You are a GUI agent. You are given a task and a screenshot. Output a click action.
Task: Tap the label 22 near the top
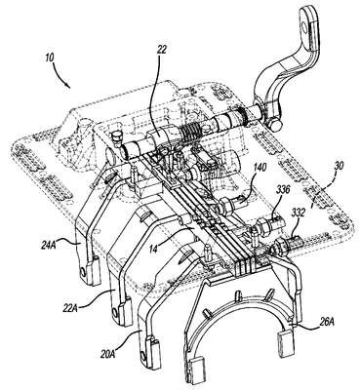(x=161, y=49)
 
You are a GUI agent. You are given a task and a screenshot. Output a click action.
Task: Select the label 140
(x=260, y=168)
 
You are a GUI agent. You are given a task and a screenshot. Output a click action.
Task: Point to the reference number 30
(x=339, y=166)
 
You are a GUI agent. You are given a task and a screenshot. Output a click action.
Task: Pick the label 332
(x=299, y=213)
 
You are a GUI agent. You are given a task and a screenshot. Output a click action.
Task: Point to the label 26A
(x=327, y=322)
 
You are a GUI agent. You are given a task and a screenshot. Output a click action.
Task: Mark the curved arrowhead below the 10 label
(x=67, y=85)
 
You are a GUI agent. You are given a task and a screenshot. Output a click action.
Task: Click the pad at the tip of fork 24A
(x=93, y=271)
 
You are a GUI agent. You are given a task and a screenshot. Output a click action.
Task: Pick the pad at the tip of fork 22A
(x=124, y=314)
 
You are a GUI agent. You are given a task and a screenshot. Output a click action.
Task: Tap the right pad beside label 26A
(x=285, y=341)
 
